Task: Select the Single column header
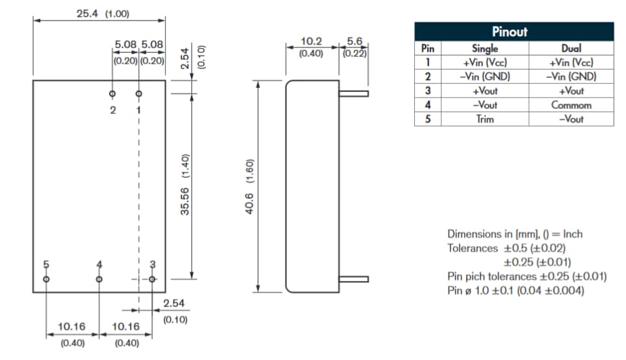(485, 49)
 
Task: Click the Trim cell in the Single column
(485, 119)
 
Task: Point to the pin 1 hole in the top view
(139, 93)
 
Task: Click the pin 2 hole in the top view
(112, 93)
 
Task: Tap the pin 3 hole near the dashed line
(152, 279)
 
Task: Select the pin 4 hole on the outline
(99, 279)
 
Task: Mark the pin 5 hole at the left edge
(46, 279)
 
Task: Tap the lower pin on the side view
(353, 279)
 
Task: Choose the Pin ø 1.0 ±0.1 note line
(516, 290)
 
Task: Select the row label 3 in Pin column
(427, 91)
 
